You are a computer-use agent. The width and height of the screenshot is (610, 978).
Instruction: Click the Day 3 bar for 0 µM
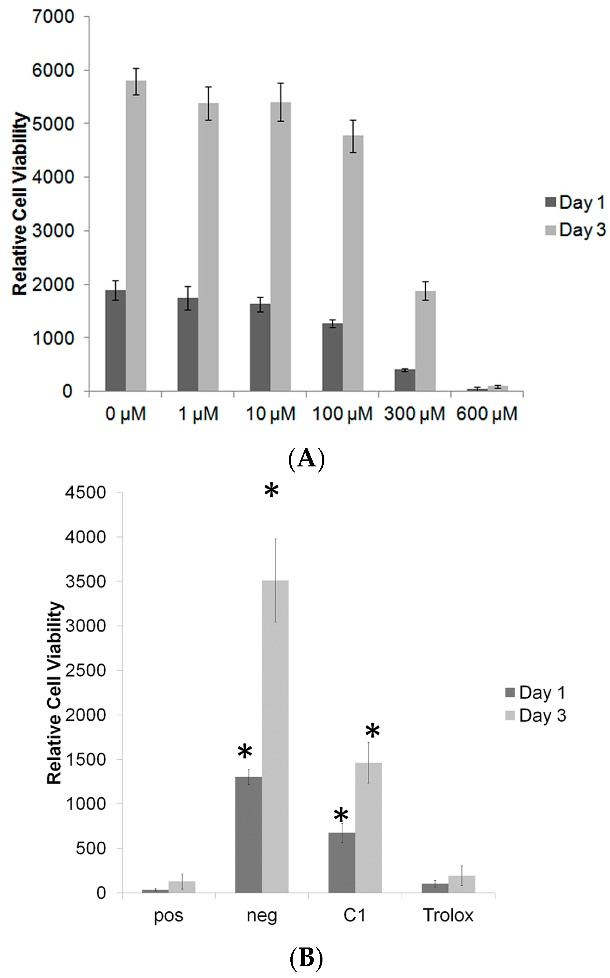[x=136, y=236]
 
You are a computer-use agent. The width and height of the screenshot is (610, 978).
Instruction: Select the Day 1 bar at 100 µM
[x=332, y=357]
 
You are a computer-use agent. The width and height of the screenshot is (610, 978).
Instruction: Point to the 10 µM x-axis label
[x=270, y=414]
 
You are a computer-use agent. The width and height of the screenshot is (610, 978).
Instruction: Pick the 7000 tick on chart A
[x=53, y=17]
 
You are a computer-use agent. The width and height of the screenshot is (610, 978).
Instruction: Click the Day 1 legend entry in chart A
[x=575, y=202]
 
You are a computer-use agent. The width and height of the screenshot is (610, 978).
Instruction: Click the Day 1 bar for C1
[x=342, y=863]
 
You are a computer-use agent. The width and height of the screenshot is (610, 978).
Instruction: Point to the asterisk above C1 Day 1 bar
[x=341, y=815]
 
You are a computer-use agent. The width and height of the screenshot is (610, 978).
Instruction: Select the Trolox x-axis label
[x=448, y=915]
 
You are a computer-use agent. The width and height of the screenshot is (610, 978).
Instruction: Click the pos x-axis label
[x=169, y=915]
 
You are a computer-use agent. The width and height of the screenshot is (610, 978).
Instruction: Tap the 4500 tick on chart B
[x=85, y=492]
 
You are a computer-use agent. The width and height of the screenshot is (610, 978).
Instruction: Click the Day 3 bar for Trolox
[x=462, y=884]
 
